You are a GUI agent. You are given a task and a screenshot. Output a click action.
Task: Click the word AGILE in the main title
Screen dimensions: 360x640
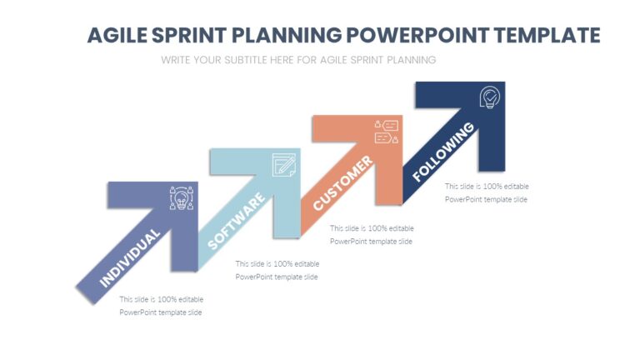tap(117, 36)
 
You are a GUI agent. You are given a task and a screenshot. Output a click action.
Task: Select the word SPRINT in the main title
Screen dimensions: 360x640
tap(188, 36)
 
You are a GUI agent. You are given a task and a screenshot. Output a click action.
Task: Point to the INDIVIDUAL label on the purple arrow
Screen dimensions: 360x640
tap(130, 258)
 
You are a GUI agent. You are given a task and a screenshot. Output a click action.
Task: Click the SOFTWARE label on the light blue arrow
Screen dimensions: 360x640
tap(237, 221)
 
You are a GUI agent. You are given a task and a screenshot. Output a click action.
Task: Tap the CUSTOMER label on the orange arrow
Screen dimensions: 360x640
tap(342, 183)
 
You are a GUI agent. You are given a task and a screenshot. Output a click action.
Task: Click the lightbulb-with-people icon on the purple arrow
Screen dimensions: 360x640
tap(182, 198)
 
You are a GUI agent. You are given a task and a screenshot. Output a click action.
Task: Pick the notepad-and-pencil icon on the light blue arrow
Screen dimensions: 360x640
tap(284, 164)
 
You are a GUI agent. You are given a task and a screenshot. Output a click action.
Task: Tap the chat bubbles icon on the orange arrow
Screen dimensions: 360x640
tap(387, 132)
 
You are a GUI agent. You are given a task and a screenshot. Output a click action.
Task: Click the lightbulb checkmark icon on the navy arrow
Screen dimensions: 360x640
tap(489, 97)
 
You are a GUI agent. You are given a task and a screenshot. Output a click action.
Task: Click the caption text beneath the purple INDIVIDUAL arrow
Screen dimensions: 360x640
tap(161, 306)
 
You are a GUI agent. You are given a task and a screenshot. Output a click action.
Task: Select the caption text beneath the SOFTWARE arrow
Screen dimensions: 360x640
tap(277, 270)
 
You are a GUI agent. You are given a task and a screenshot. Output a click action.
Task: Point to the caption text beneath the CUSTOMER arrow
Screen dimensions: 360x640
tap(371, 234)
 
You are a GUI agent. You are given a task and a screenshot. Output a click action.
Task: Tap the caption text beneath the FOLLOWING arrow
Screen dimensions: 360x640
tap(486, 192)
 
